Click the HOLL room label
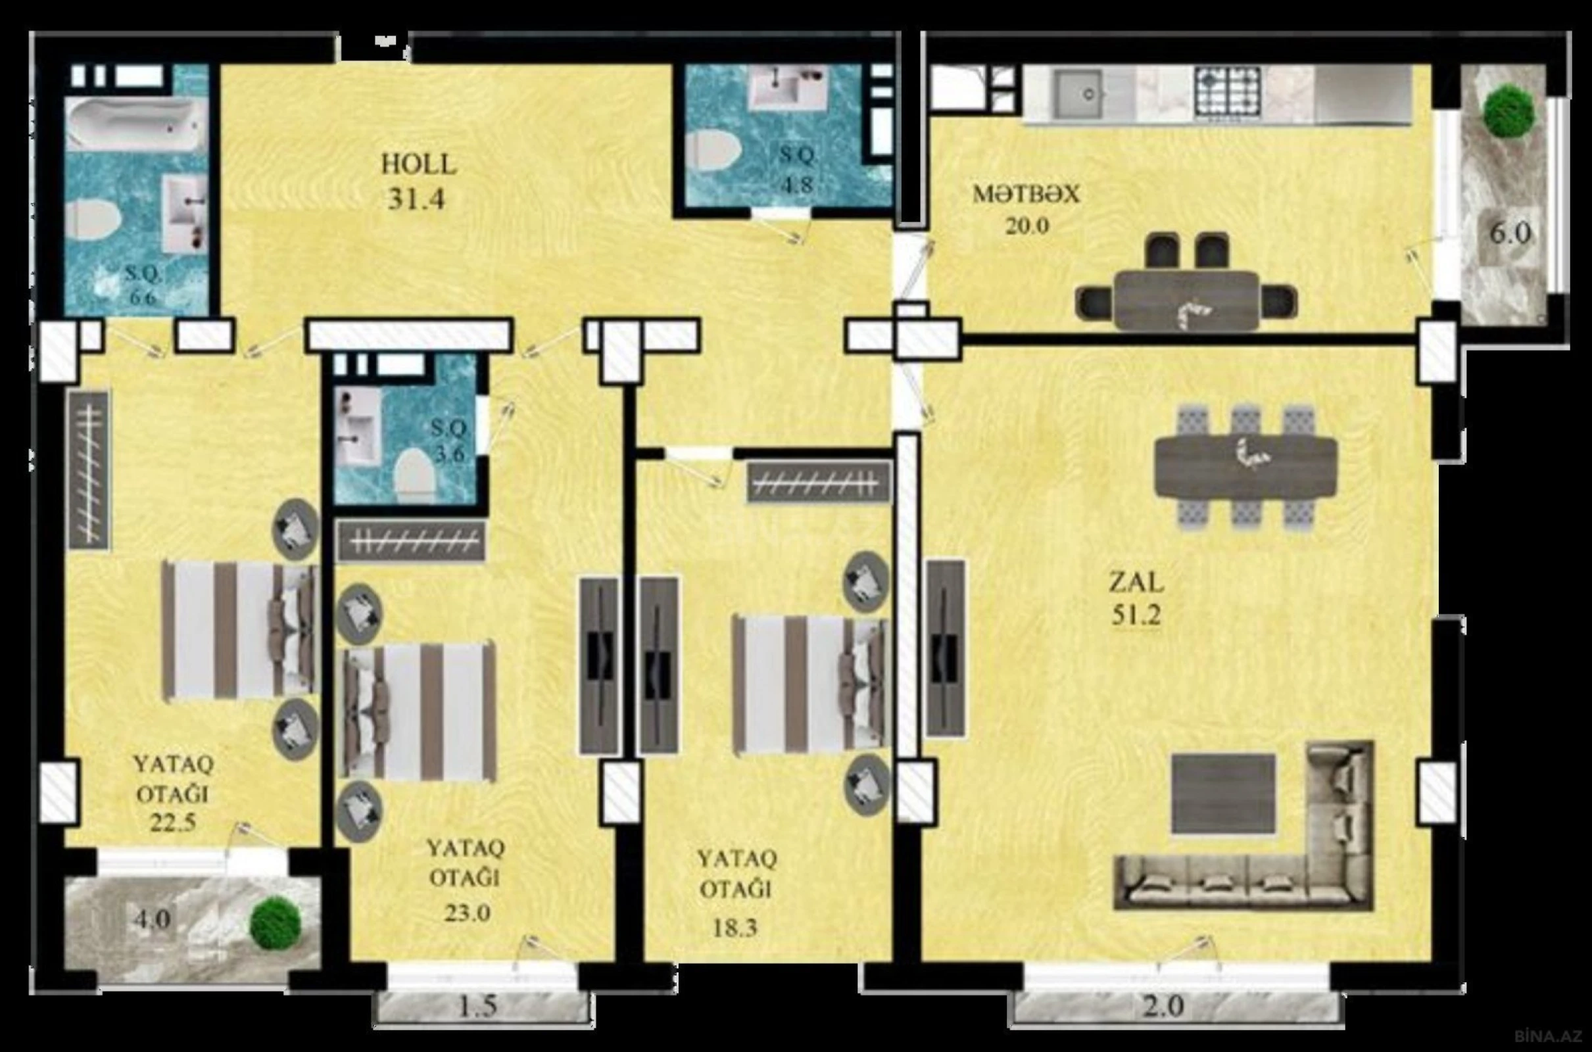(419, 164)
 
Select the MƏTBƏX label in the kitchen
(1026, 195)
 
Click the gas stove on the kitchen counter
(1227, 93)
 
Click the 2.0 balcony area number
(1163, 1007)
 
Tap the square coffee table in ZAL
(1223, 794)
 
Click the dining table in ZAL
(1245, 467)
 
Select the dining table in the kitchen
(1186, 300)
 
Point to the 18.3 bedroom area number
(734, 928)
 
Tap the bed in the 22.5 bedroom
(239, 631)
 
